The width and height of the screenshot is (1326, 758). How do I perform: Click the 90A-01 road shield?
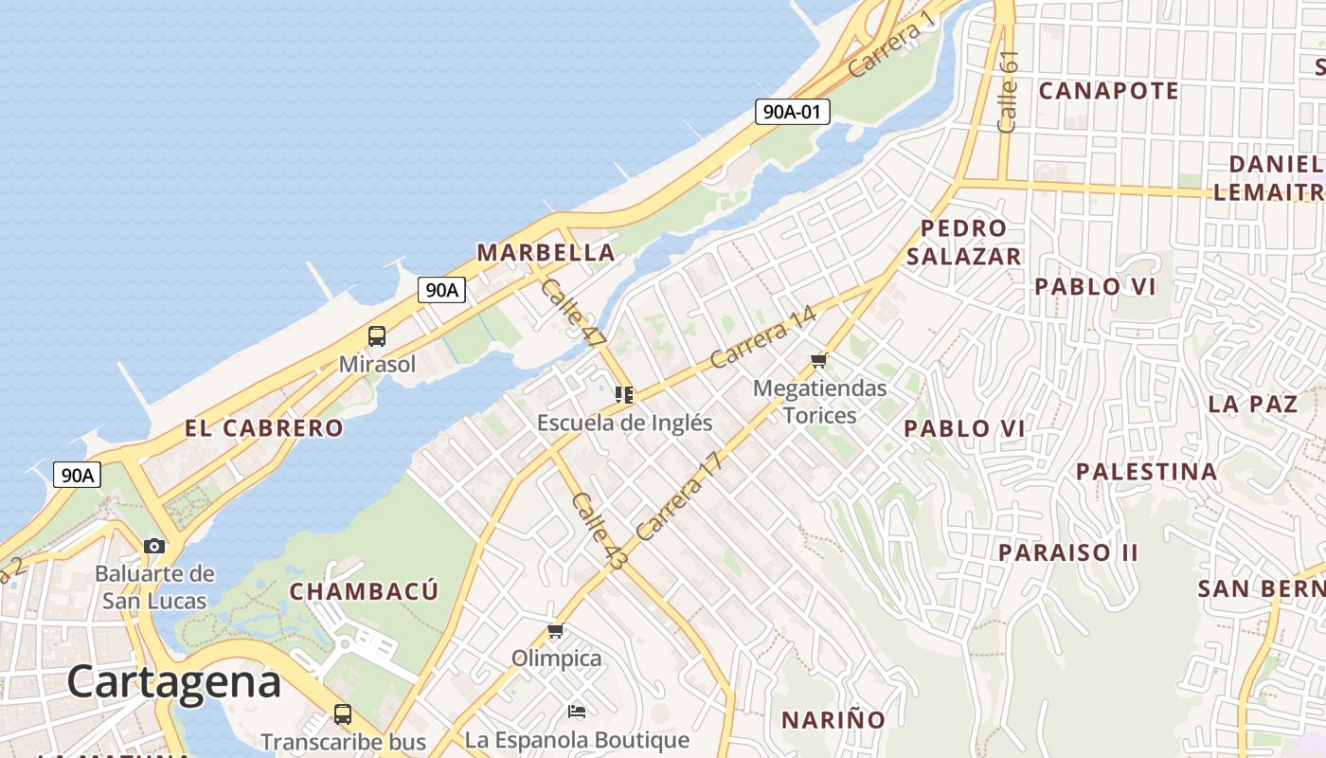click(x=793, y=112)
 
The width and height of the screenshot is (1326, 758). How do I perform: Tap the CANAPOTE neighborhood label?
click(x=1108, y=91)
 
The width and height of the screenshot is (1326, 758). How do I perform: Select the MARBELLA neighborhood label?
click(x=546, y=253)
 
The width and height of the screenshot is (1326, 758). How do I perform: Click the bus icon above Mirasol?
click(x=377, y=336)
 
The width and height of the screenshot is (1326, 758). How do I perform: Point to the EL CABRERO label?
click(x=263, y=428)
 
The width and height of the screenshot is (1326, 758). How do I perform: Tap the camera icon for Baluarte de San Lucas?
click(x=154, y=546)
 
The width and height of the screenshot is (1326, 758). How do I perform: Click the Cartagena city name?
click(x=174, y=682)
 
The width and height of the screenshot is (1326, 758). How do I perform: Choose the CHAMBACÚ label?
click(x=364, y=592)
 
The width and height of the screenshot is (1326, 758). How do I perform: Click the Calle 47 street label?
click(x=573, y=312)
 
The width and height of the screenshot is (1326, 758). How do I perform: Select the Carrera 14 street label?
click(x=762, y=336)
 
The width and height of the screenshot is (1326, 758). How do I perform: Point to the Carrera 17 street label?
click(x=679, y=495)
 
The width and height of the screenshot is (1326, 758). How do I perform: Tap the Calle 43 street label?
click(x=599, y=531)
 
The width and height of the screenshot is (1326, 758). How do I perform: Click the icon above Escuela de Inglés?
click(x=624, y=394)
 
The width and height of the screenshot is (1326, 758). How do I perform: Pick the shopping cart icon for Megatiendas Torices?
click(x=819, y=360)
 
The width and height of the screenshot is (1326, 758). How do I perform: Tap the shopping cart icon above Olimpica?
click(x=556, y=630)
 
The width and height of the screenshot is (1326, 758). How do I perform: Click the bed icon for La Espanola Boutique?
click(x=576, y=711)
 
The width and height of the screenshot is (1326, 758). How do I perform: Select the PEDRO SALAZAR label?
click(x=964, y=243)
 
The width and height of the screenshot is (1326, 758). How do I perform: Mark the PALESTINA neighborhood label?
click(x=1146, y=471)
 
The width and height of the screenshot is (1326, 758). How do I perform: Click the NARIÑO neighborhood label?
click(x=833, y=720)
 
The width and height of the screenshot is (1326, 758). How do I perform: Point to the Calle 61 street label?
click(x=1008, y=91)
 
